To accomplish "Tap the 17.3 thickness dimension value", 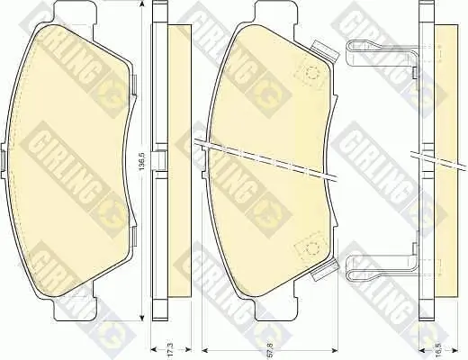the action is point(172,349).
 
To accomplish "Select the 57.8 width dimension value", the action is point(269,349).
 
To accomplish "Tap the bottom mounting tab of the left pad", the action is point(76,309).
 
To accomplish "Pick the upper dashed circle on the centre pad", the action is point(312,73).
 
